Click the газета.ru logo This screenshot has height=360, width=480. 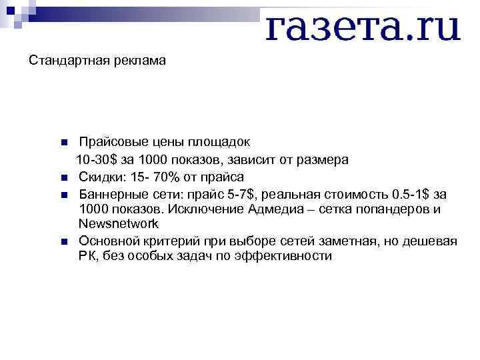363,27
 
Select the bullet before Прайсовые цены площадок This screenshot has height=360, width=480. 63,143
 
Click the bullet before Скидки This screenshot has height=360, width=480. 63,178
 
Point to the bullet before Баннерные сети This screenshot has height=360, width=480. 63,195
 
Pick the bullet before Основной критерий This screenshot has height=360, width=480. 63,241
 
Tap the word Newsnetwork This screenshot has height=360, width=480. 118,225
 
